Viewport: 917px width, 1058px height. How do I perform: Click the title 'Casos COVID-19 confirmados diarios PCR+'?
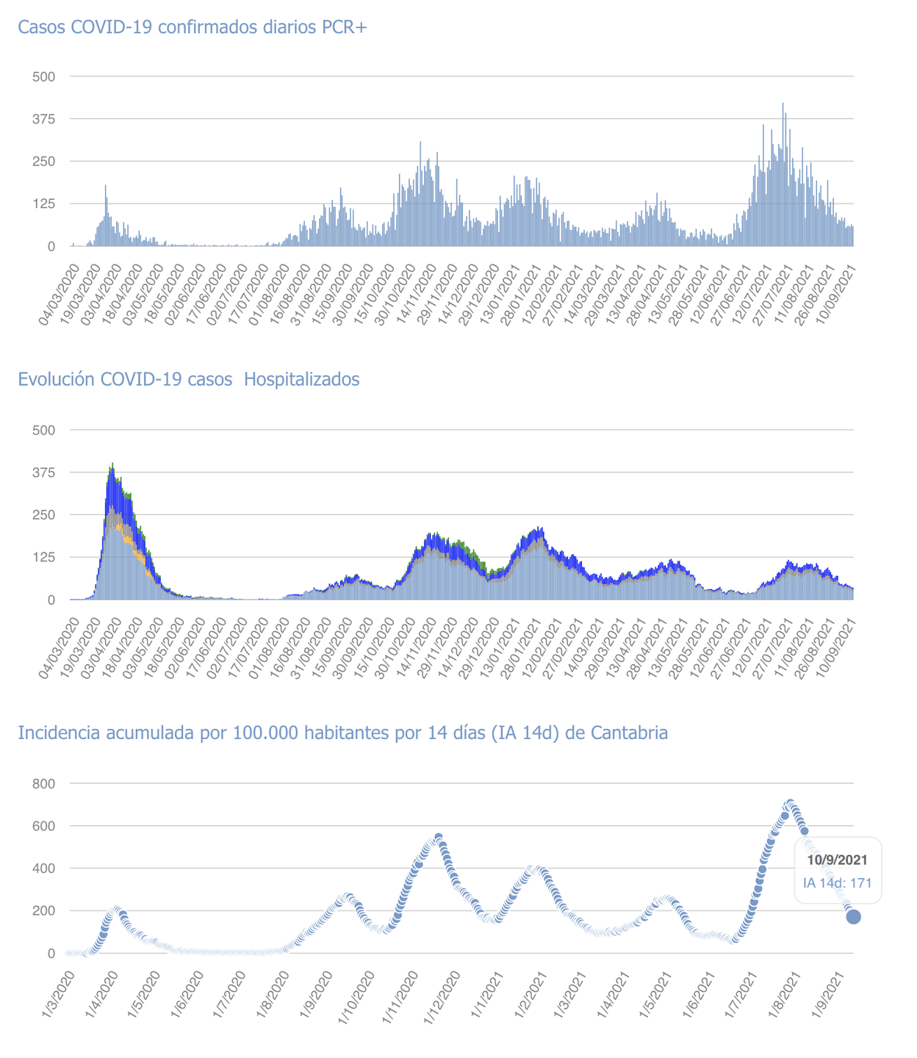[192, 27]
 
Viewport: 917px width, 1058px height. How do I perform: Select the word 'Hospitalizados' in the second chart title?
[301, 379]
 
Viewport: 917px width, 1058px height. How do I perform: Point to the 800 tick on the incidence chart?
[43, 784]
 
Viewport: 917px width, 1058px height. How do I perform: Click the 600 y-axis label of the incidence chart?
[43, 827]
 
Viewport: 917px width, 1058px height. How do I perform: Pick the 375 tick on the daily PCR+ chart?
[43, 119]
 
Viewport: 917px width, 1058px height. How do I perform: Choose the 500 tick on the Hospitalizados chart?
[43, 430]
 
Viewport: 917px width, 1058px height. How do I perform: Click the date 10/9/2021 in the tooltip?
[837, 860]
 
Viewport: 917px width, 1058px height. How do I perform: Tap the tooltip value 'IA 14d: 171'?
[837, 882]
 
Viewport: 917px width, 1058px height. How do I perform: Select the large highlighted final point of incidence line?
[853, 916]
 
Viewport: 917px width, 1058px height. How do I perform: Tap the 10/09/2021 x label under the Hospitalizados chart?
[841, 645]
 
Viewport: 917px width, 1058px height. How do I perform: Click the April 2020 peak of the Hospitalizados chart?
[112, 464]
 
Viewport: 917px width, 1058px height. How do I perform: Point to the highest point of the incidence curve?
[790, 803]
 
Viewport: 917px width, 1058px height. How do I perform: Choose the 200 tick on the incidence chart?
[43, 911]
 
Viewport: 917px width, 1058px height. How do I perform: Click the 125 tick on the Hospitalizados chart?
[43, 558]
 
